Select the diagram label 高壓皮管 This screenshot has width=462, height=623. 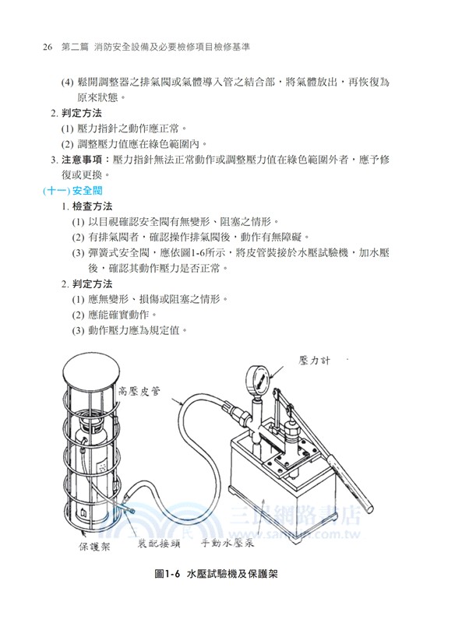[x=139, y=393]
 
